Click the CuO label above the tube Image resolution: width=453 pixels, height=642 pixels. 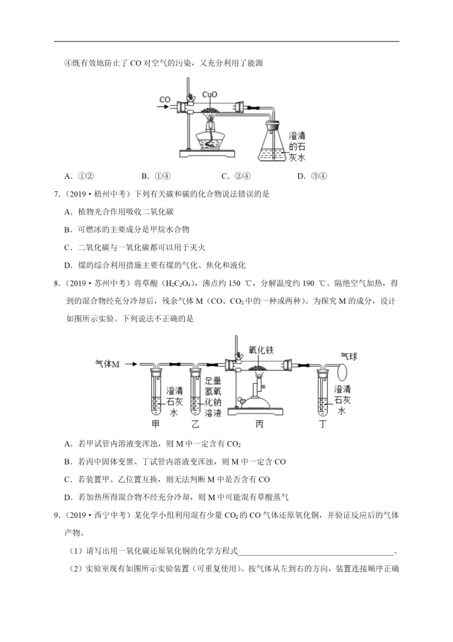(210, 95)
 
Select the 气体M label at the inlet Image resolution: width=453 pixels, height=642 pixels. (108, 364)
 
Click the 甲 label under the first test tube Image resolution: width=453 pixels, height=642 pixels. (156, 424)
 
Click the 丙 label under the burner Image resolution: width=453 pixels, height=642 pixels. (260, 424)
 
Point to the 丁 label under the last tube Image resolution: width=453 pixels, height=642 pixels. (323, 424)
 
